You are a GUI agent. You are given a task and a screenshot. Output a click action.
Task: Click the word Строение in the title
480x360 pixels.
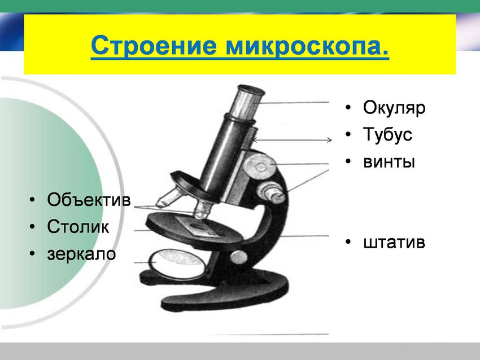(154, 45)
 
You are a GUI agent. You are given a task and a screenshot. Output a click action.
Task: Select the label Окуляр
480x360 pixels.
(394, 108)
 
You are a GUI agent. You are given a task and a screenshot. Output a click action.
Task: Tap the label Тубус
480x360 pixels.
(387, 135)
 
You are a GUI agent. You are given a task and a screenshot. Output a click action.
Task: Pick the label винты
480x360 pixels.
(389, 162)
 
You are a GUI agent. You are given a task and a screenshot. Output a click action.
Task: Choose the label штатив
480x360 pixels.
(394, 242)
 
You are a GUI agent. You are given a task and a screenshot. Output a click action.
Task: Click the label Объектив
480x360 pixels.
(89, 200)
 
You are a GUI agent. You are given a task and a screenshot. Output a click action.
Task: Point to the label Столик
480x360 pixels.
(78, 227)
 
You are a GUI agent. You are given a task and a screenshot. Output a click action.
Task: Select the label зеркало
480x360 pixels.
(81, 254)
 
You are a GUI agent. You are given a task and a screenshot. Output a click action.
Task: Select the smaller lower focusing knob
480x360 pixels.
(272, 191)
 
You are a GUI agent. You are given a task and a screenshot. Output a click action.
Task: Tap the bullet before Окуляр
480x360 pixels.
(348, 108)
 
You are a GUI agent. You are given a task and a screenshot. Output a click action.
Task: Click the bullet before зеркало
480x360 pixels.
(32, 254)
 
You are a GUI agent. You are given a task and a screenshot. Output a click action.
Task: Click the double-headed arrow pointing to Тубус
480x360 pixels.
(292, 140)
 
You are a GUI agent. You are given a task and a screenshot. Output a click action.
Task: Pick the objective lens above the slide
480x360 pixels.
(202, 209)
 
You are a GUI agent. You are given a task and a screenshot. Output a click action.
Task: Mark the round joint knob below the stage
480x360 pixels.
(239, 257)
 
